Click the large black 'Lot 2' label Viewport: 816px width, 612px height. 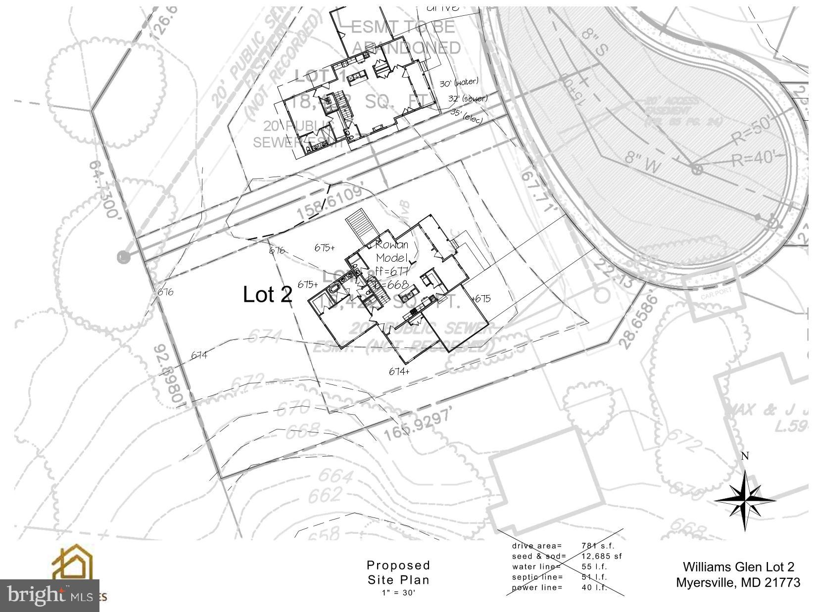click(x=267, y=295)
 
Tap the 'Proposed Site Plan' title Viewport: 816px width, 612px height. click(x=398, y=572)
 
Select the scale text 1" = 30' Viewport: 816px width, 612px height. click(x=398, y=592)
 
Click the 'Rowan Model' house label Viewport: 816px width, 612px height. click(x=392, y=251)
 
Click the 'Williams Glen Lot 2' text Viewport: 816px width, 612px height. click(x=738, y=567)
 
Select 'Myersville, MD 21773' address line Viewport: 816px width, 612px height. click(x=738, y=582)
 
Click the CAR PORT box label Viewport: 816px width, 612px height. click(x=713, y=296)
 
